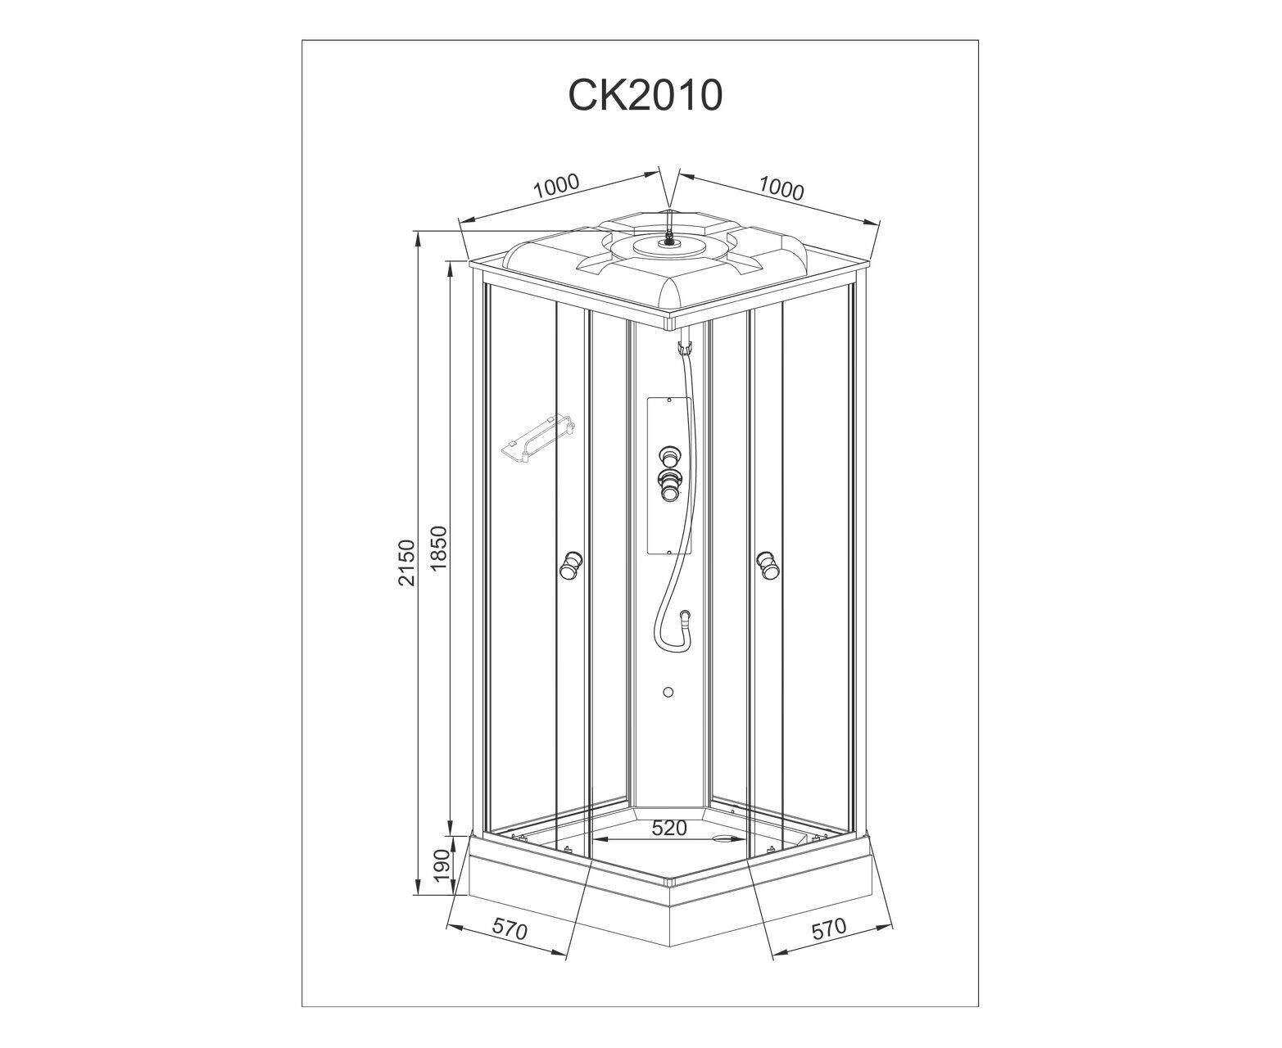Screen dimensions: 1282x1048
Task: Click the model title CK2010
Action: [645, 95]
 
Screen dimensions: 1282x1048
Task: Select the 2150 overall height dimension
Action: [406, 562]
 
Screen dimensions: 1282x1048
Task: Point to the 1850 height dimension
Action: [437, 548]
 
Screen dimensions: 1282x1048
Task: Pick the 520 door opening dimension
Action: [668, 828]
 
